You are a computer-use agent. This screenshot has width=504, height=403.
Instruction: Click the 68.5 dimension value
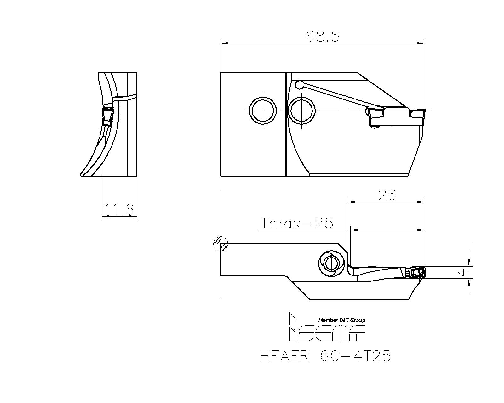point(323,37)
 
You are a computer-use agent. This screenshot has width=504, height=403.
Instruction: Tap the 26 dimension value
point(387,195)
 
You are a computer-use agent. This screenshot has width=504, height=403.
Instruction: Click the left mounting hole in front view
point(263,110)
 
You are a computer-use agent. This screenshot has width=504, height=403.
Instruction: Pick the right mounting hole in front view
point(302,110)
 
